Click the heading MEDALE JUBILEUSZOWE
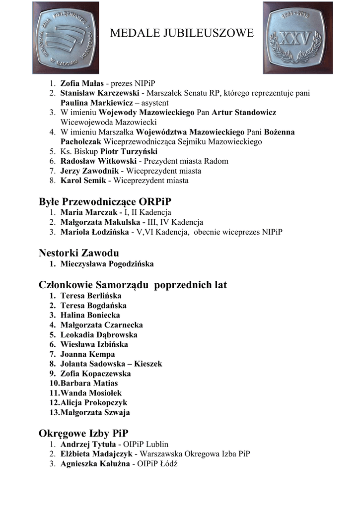point(181,34)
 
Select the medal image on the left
point(66,38)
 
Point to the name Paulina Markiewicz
point(96,103)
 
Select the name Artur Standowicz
point(244,113)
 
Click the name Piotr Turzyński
point(129,151)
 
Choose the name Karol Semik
point(83,181)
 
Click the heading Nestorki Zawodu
point(78,253)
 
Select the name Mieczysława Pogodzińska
point(107,264)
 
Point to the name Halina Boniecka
point(90,315)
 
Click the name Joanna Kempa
point(87,354)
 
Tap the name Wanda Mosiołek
point(91,393)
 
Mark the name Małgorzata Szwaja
point(95,412)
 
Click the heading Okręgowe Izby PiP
point(83,433)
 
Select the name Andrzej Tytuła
point(88,444)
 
